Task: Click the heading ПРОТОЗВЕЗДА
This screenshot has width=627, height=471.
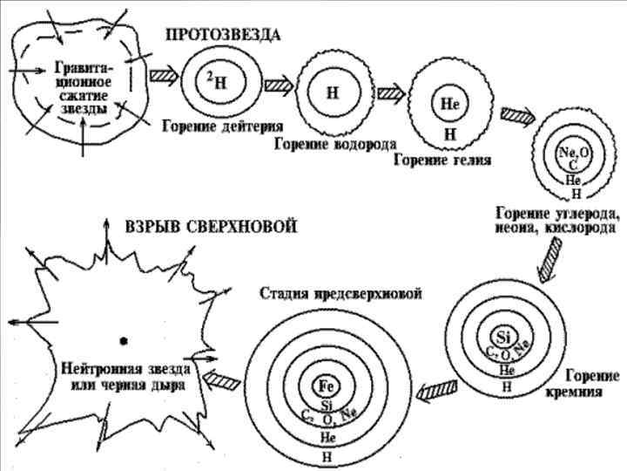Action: tap(223, 36)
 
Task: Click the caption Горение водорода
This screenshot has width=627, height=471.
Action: tap(335, 142)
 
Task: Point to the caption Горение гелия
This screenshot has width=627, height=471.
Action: tap(442, 160)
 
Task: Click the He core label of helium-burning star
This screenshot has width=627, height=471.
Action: tap(449, 103)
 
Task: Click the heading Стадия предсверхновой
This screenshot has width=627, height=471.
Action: tap(340, 293)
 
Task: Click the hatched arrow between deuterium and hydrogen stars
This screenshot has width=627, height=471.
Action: tap(278, 85)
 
